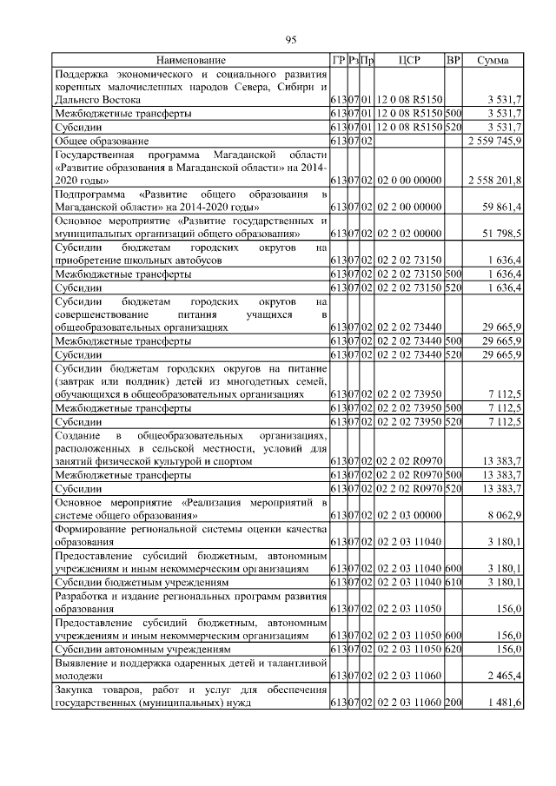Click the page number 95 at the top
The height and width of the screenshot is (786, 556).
click(x=291, y=39)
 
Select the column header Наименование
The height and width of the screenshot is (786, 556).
click(x=190, y=60)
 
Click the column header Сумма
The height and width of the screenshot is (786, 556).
click(x=493, y=60)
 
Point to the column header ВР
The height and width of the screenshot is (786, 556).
click(x=453, y=60)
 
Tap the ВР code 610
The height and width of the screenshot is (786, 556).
click(x=453, y=582)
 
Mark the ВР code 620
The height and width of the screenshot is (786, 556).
click(x=453, y=648)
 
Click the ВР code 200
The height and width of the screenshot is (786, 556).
click(x=453, y=702)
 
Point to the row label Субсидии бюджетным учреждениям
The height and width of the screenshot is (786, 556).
click(x=142, y=582)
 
